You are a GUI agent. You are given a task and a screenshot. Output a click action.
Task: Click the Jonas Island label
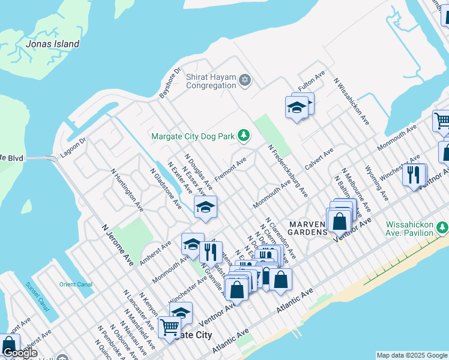(x=53, y=44)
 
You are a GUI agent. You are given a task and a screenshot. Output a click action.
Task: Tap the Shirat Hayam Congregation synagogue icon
(x=244, y=80)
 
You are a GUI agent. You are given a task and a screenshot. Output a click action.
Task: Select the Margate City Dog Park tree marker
(x=243, y=136)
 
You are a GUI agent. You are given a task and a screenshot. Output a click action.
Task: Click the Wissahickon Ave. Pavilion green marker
(x=442, y=227)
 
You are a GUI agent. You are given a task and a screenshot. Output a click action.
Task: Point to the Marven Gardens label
(x=307, y=228)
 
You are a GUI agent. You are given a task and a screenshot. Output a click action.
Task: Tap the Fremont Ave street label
(x=231, y=170)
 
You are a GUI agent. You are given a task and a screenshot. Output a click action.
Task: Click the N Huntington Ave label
(x=127, y=190)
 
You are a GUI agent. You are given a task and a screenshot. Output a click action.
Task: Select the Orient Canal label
(x=74, y=284)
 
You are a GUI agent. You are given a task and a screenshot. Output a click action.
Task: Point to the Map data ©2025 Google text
(x=412, y=355)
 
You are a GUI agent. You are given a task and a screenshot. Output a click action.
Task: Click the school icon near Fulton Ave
(x=296, y=108)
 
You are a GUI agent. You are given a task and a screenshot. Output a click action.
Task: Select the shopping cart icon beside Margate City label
(x=170, y=328)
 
